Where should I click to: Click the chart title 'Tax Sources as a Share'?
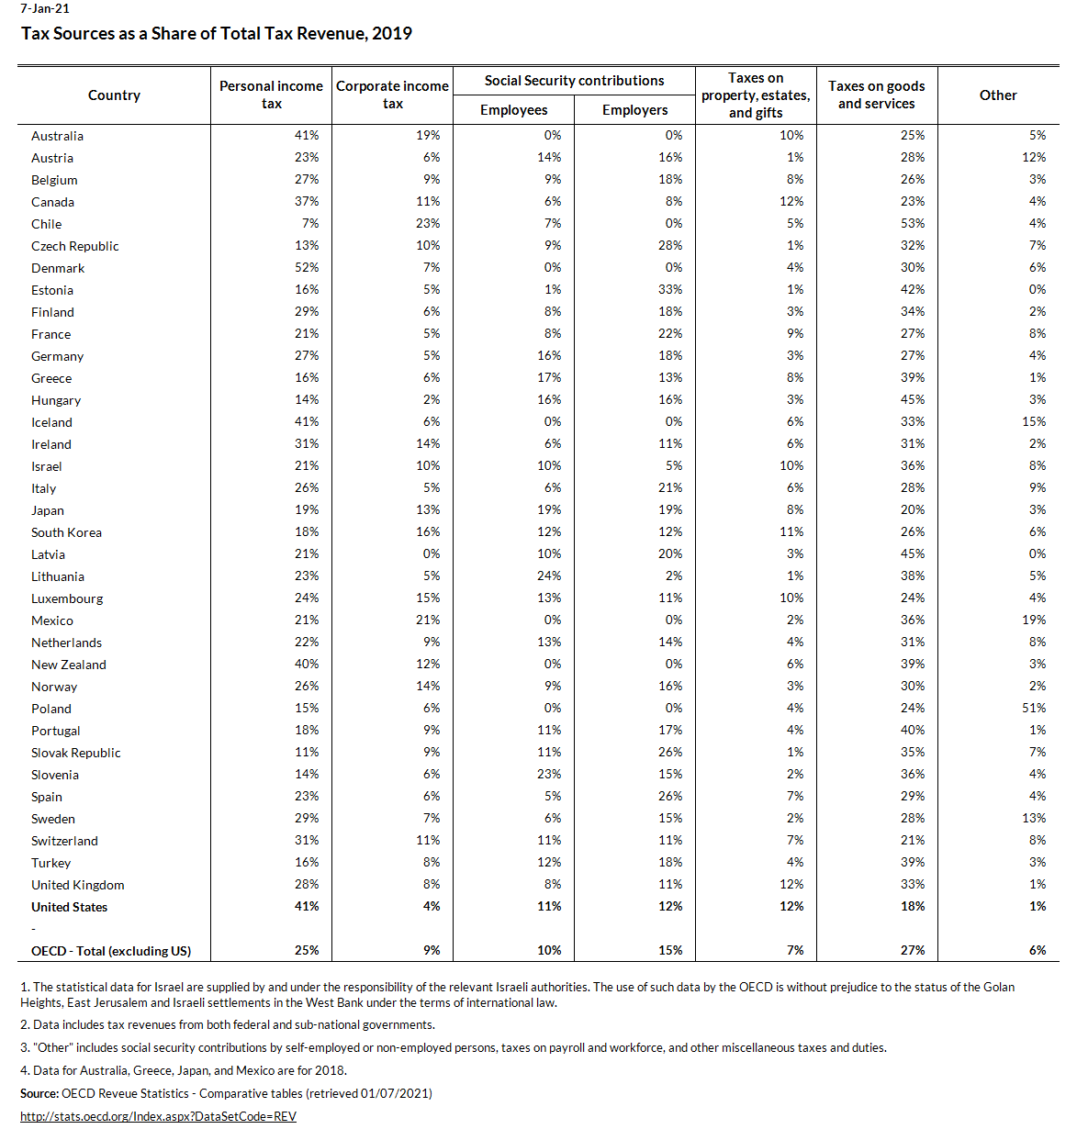(x=217, y=34)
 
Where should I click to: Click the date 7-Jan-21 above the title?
(x=45, y=9)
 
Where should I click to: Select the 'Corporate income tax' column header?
(x=392, y=95)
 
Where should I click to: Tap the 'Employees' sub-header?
(x=513, y=110)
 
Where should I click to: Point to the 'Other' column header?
(x=998, y=95)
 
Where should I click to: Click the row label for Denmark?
(x=58, y=268)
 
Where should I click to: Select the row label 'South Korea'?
(x=66, y=532)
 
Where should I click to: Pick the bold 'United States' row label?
(x=69, y=907)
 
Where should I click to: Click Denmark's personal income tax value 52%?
(x=307, y=267)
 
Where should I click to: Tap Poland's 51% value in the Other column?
(x=1034, y=708)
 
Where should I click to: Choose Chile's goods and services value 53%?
(x=913, y=223)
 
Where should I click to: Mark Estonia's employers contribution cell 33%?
(x=670, y=289)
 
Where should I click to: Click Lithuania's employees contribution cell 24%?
(x=549, y=576)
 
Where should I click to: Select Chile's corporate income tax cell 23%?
(x=428, y=223)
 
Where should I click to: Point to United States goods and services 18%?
(x=913, y=906)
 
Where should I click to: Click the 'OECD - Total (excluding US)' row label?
(x=111, y=951)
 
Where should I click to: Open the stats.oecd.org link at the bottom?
(x=158, y=1116)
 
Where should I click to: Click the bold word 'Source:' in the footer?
(x=39, y=1093)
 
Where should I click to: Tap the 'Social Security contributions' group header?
(x=574, y=81)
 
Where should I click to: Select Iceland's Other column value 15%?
(x=1034, y=421)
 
